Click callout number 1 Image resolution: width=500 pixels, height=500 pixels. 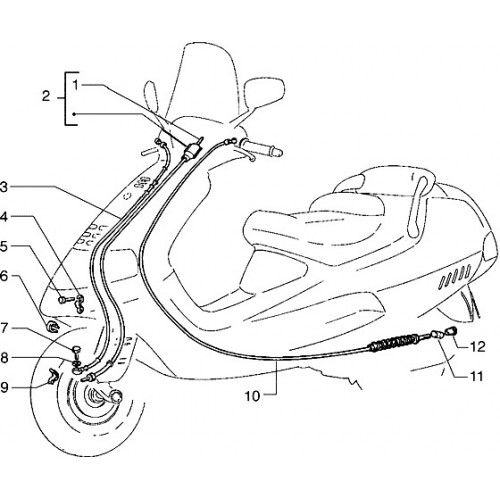[x=76, y=85]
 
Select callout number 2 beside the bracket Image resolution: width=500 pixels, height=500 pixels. [x=46, y=97]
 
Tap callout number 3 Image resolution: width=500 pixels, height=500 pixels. [x=3, y=187]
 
